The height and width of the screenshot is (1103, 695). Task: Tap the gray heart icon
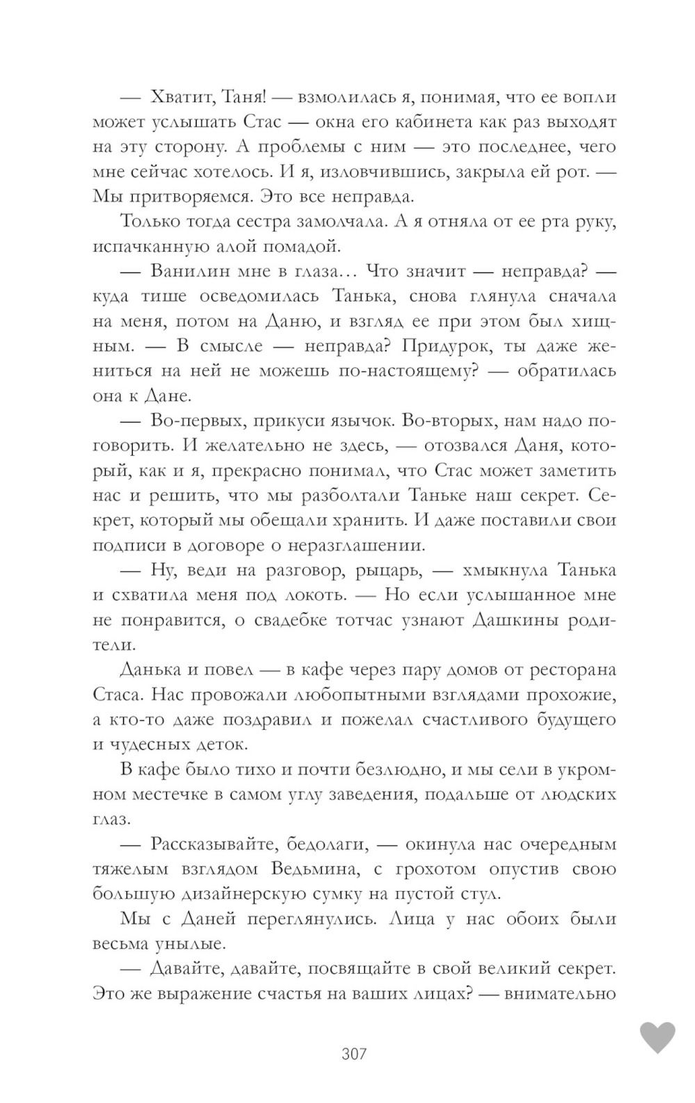click(657, 1038)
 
